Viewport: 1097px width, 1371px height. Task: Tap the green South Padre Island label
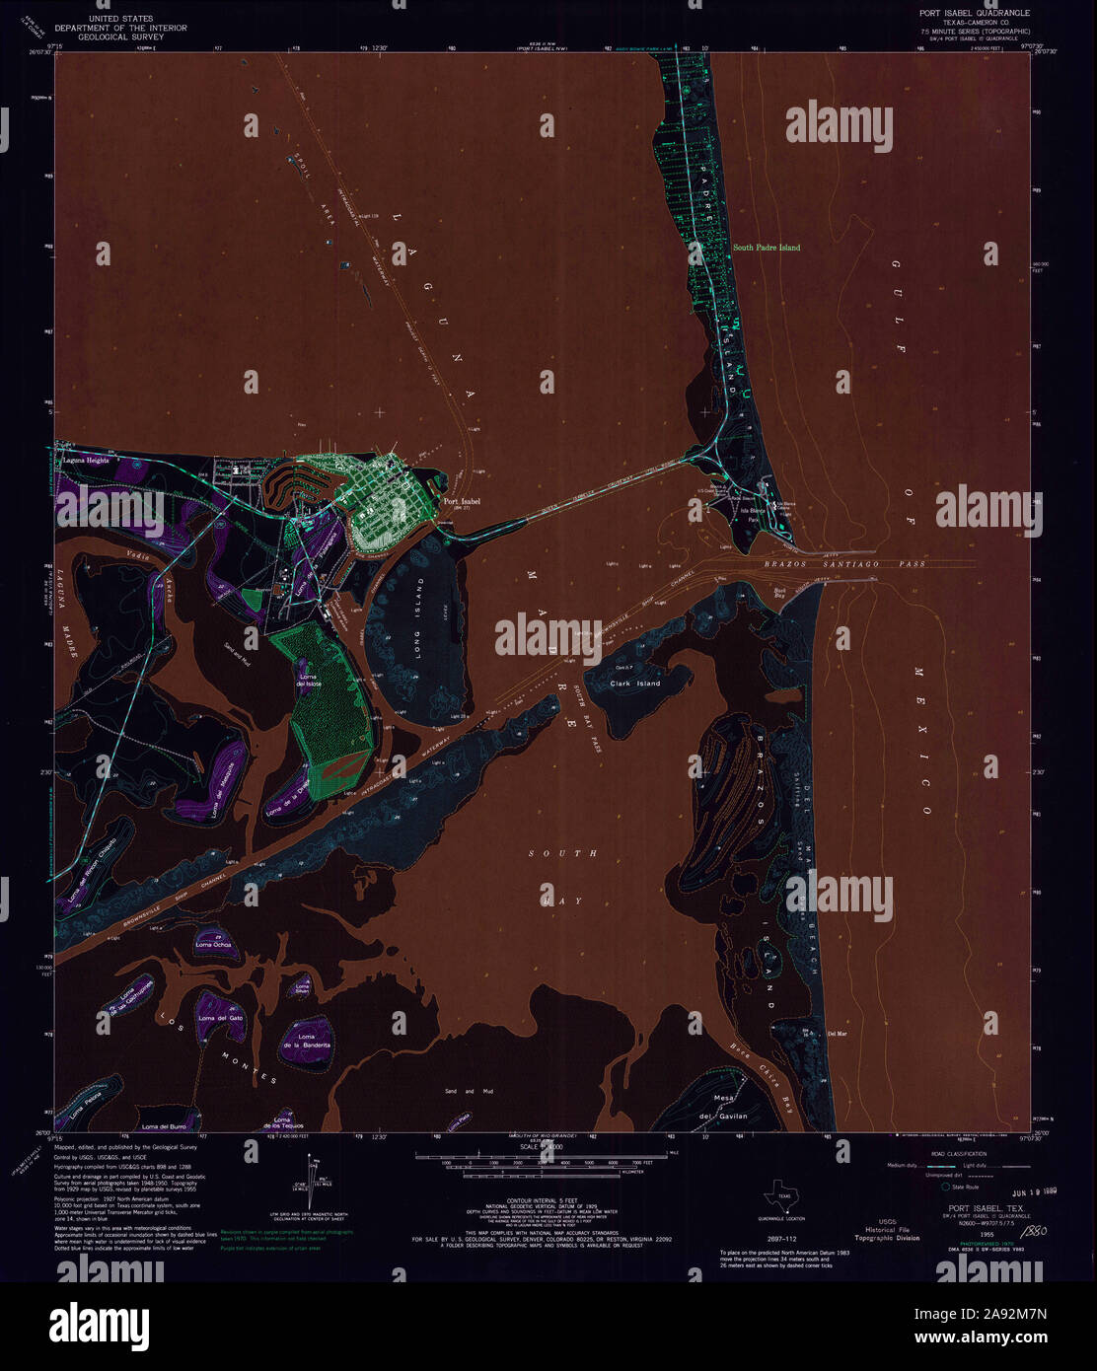(767, 248)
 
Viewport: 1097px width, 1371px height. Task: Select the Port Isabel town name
(462, 502)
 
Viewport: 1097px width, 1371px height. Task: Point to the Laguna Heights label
(82, 461)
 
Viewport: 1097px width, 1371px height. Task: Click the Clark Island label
(634, 683)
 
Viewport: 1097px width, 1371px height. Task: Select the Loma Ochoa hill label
(214, 945)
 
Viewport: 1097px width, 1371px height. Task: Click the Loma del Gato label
(220, 1018)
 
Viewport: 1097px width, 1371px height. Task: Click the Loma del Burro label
(164, 1126)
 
